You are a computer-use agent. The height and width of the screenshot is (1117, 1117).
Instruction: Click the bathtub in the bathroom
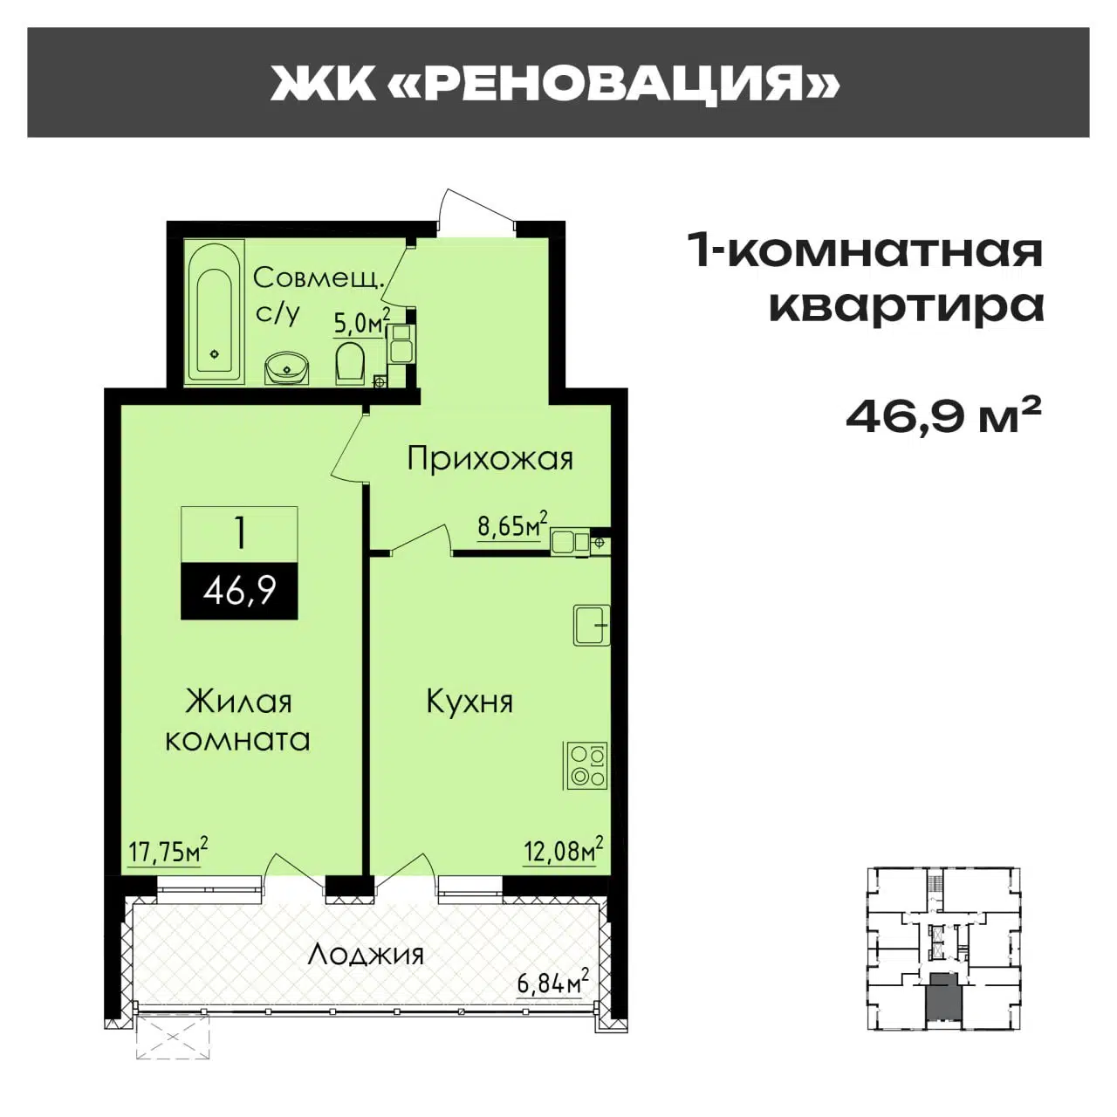214,312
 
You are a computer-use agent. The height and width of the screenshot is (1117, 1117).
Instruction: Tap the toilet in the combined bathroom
349,363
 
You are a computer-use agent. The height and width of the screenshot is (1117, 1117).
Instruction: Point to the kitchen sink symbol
592,626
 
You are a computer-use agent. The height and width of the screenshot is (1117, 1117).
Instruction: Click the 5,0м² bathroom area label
361,322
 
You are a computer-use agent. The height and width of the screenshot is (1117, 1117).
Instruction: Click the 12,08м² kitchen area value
563,850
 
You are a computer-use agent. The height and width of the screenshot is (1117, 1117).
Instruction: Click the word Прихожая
490,460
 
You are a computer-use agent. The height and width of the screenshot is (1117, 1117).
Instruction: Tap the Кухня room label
470,702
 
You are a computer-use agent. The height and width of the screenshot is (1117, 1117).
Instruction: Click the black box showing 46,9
239,592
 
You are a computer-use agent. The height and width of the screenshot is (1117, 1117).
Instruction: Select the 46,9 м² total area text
943,416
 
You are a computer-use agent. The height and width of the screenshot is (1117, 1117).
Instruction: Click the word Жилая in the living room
238,702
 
